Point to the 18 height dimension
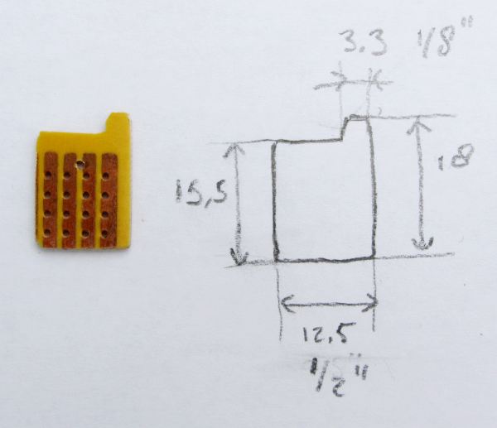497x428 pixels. (x=456, y=157)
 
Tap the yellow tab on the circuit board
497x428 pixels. (x=117, y=123)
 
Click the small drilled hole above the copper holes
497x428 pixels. (x=80, y=164)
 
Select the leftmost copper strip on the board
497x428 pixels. (x=50, y=200)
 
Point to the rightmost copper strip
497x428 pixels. (x=109, y=200)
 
